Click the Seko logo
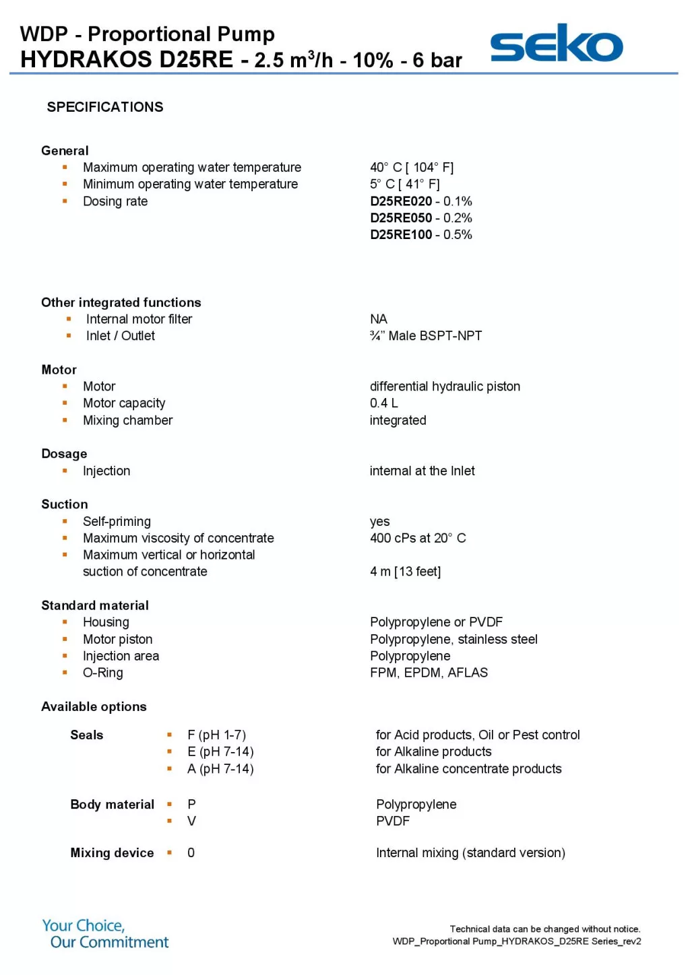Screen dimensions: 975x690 coord(556,44)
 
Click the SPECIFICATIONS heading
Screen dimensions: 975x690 coord(105,107)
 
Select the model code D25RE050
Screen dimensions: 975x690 coord(401,218)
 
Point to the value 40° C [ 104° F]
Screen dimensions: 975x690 coord(411,168)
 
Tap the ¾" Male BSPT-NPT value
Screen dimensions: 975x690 coord(426,336)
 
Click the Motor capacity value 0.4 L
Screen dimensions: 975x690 coord(383,403)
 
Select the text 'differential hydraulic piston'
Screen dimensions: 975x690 coord(445,386)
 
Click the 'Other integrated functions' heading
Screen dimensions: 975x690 coord(121,302)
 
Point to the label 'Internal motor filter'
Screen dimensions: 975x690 coord(139,319)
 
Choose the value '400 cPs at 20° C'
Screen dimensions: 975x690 coord(418,538)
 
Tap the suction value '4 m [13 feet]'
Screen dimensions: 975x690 coord(405,572)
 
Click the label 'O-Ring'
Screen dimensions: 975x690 coord(103,673)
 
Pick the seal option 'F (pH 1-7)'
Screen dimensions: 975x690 coord(216,735)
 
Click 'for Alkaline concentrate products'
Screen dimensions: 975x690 coord(468,769)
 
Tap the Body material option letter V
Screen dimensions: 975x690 coord(192,821)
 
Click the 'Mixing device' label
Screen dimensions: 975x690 coord(112,853)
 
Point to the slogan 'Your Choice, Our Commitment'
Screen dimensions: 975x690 coord(105,934)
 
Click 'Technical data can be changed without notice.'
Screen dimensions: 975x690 coord(544,929)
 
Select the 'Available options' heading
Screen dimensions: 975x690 coord(94,706)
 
